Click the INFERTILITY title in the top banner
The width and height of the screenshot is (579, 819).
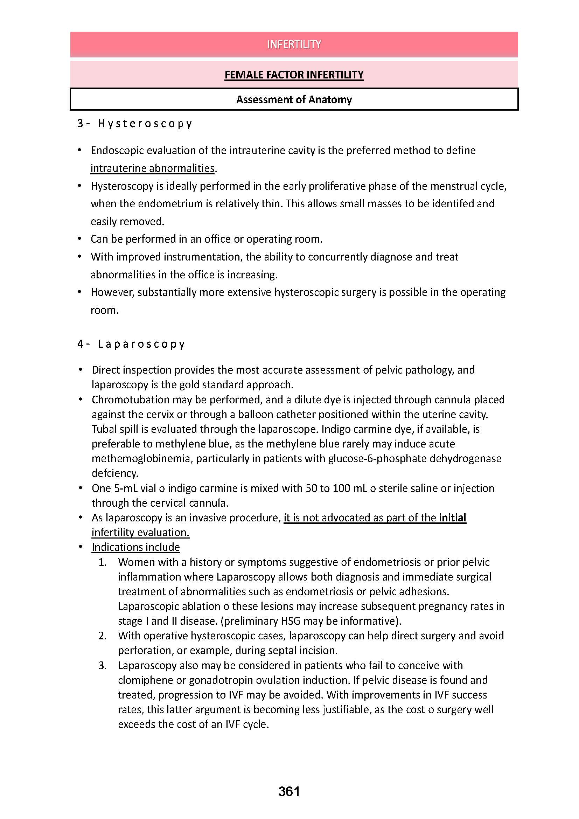294,44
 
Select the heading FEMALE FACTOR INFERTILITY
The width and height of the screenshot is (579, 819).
294,75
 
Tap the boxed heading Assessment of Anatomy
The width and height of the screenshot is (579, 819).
294,99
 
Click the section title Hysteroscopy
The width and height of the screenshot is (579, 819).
145,123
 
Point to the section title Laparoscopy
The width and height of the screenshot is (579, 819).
141,344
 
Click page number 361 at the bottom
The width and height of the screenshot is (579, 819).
289,791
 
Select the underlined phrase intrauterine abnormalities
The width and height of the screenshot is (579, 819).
153,168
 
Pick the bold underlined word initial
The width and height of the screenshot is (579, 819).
452,518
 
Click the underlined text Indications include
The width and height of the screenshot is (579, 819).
135,547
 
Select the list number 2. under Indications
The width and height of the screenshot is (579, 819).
102,636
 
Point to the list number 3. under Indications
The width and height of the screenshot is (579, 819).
102,665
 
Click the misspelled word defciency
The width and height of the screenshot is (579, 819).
114,473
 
